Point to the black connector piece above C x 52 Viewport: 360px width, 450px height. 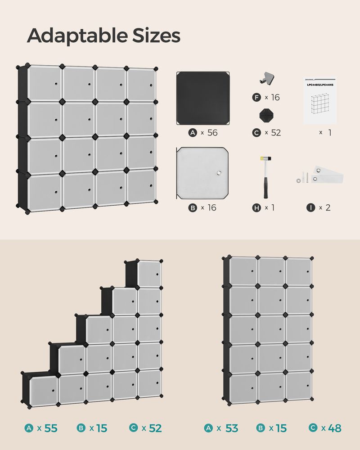point(265,115)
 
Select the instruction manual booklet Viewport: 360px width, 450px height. point(320,101)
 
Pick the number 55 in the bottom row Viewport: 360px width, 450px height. point(51,428)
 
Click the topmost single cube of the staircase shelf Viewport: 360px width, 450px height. point(148,273)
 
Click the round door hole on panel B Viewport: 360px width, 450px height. point(220,172)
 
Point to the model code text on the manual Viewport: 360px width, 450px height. point(320,85)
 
